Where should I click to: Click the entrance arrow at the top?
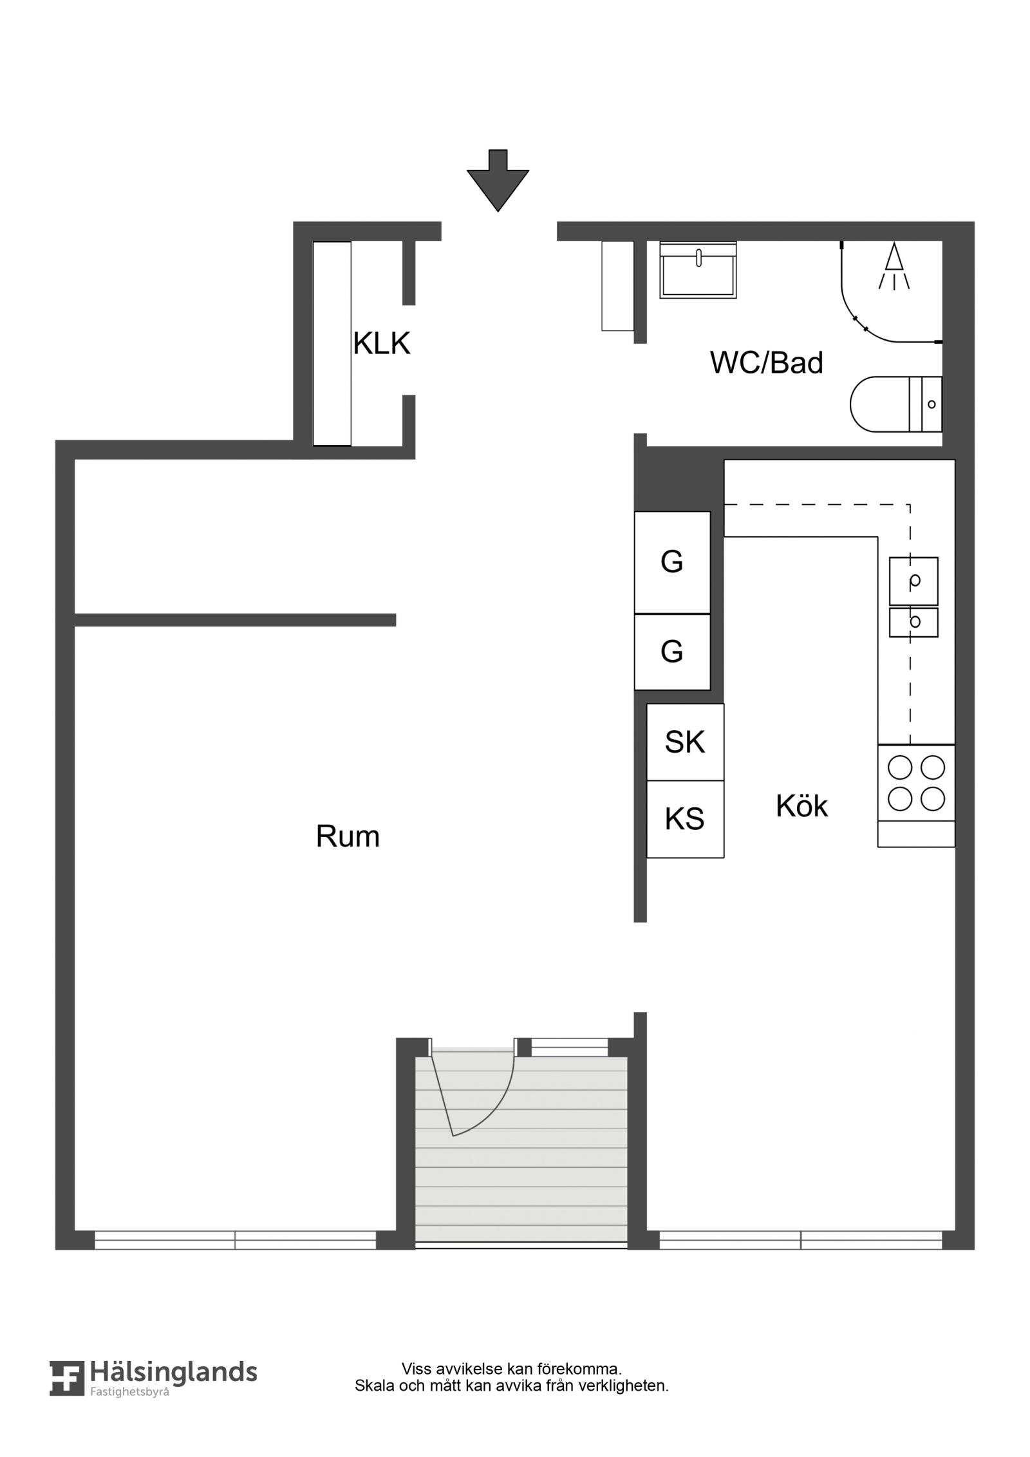(498, 181)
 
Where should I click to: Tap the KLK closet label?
(382, 344)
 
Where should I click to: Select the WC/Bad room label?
(766, 363)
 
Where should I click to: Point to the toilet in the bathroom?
(896, 404)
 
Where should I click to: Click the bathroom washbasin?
(698, 270)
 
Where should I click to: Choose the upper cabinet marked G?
(672, 562)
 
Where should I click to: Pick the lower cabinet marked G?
(672, 652)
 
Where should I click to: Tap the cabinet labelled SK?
(685, 742)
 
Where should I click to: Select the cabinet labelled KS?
(685, 819)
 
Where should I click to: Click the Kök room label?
(801, 806)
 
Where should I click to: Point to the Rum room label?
(348, 837)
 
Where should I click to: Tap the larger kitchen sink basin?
(913, 581)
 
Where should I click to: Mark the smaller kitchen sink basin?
(913, 622)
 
